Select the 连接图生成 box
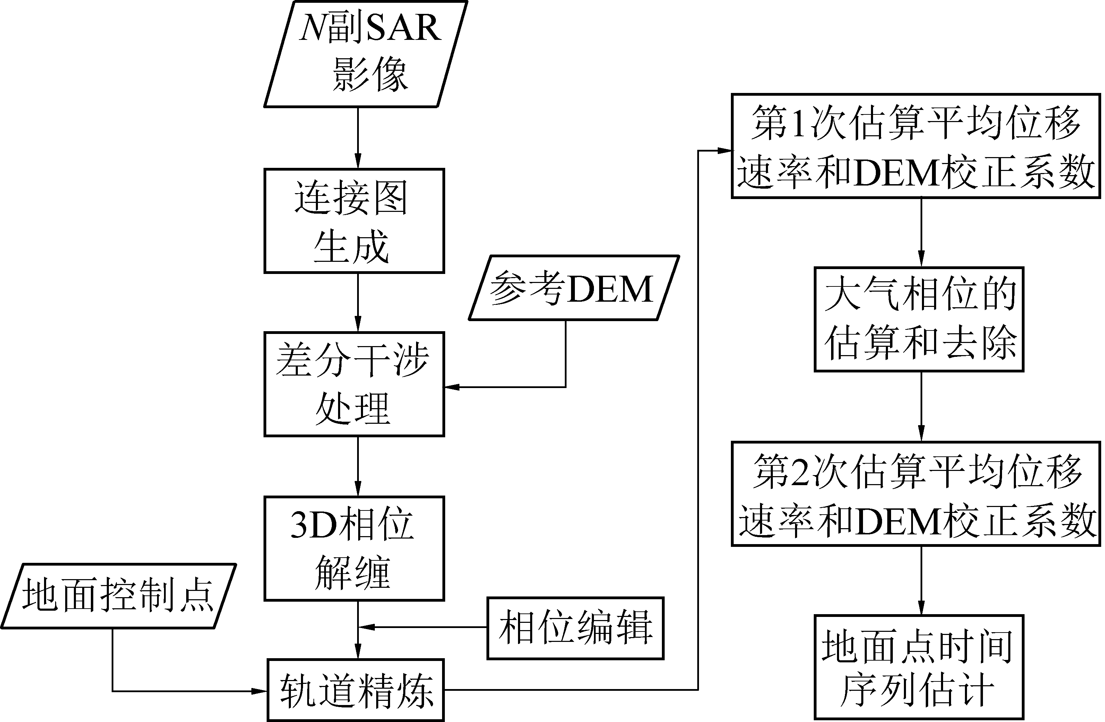pos(354,221)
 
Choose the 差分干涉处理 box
pos(354,384)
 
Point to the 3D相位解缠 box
pos(354,548)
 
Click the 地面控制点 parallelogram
pos(118,596)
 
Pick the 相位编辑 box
pos(575,628)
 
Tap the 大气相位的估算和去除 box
pos(919,319)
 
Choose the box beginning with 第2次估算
pos(916,493)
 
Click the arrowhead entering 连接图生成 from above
pos(357,162)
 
